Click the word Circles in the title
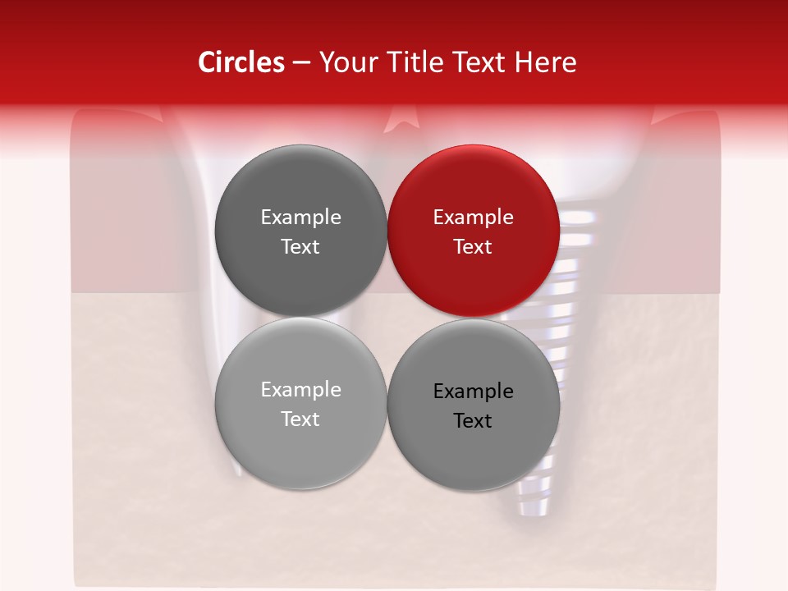[241, 62]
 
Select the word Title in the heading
[417, 62]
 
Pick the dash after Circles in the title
[301, 63]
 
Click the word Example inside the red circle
[473, 217]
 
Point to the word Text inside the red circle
[473, 246]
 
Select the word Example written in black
[473, 391]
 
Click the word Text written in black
[473, 420]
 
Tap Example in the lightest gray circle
[300, 389]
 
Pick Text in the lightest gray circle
[300, 419]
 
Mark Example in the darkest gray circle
[300, 217]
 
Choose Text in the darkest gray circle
[300, 246]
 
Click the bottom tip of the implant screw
[531, 511]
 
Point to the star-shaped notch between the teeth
[400, 122]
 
